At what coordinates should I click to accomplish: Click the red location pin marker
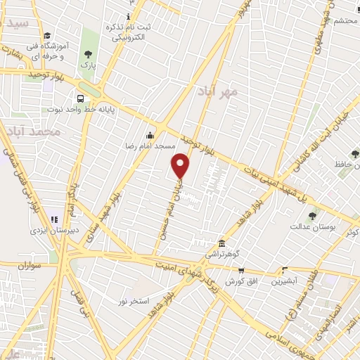pos(181,166)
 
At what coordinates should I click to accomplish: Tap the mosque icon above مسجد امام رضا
pos(150,136)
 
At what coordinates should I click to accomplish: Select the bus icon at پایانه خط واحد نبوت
pos(81,98)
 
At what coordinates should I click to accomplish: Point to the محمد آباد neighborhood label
pos(33,131)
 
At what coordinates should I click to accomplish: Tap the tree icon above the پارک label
pos(88,53)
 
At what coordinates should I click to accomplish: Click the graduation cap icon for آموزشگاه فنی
pos(46,36)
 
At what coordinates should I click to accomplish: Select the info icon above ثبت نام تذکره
pos(127,16)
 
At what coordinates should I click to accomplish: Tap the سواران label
pos(32,266)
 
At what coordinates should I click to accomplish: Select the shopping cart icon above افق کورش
pos(241,270)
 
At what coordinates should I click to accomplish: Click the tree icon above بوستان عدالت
pos(313,216)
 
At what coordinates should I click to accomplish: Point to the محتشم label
pos(347,21)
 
